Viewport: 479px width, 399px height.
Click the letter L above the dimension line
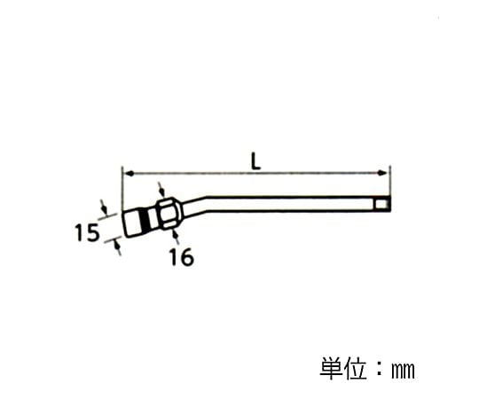[x=255, y=161]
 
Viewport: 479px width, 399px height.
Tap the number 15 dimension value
[x=87, y=233]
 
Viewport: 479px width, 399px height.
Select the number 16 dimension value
[x=180, y=257]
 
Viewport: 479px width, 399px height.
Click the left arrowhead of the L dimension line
[x=126, y=172]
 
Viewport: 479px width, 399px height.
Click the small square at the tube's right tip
[x=381, y=206]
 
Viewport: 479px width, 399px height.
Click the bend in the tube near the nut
[x=202, y=205]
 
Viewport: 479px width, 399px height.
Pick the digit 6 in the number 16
[x=186, y=257]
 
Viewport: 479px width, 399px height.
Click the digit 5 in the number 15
[x=93, y=233]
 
